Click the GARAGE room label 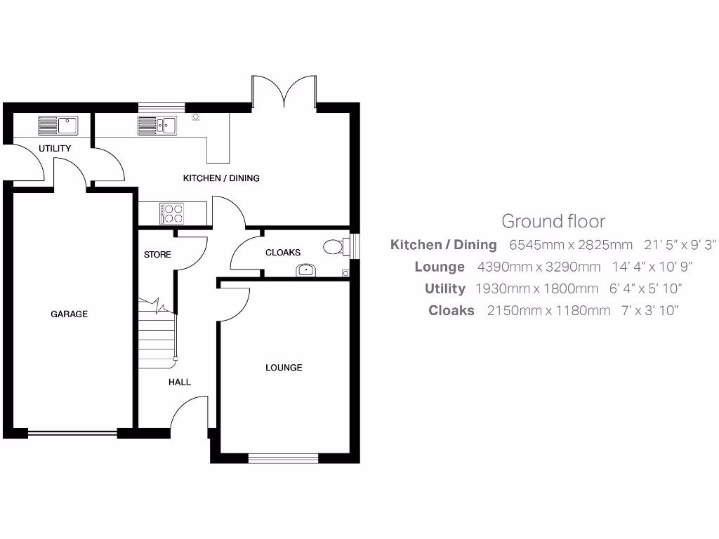[69, 314]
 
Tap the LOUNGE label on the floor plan [284, 368]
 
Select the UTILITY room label [55, 149]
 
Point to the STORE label [157, 254]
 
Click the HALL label [179, 382]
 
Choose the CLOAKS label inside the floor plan [283, 253]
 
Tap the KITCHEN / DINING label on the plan [221, 178]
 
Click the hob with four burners [172, 213]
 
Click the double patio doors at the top [284, 91]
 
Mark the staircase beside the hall [157, 332]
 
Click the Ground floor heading [553, 221]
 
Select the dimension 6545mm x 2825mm [571, 245]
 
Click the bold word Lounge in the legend [440, 267]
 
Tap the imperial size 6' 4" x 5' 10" [646, 288]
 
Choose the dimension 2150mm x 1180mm [548, 310]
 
